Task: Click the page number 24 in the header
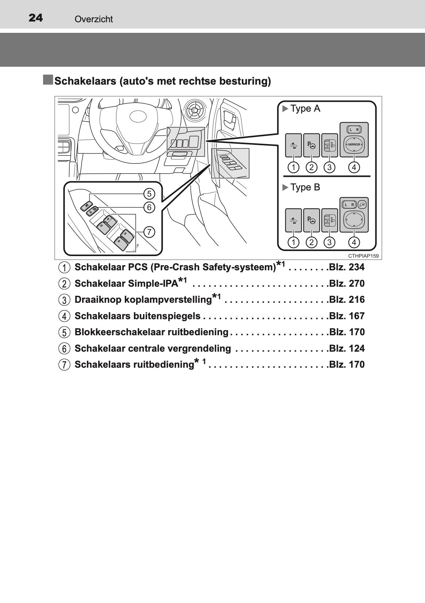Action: point(35,18)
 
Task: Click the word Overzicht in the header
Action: point(93,19)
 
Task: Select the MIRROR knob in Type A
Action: point(354,144)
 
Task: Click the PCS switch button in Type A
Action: point(293,145)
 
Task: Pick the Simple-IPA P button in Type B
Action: point(312,220)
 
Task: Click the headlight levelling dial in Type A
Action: point(329,145)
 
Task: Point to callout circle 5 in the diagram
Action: point(149,193)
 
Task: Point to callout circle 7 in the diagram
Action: point(149,232)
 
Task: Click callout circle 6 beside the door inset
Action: point(149,207)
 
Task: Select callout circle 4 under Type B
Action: point(354,242)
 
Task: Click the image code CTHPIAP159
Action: point(363,256)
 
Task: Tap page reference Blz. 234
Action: point(347,267)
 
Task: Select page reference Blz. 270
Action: point(347,284)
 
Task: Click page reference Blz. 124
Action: point(347,349)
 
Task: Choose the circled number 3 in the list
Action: point(64,300)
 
